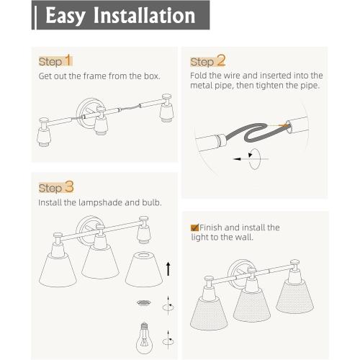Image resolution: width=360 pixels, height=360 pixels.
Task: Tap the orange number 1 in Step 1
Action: pyautogui.click(x=68, y=60)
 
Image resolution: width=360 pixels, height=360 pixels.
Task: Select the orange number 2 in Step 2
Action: pyautogui.click(x=220, y=60)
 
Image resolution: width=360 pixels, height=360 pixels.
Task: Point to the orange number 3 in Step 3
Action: pyautogui.click(x=69, y=187)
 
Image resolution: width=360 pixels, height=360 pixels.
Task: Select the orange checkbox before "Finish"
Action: pyautogui.click(x=194, y=226)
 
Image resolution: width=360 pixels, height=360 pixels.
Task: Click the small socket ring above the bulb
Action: pyautogui.click(x=143, y=304)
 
